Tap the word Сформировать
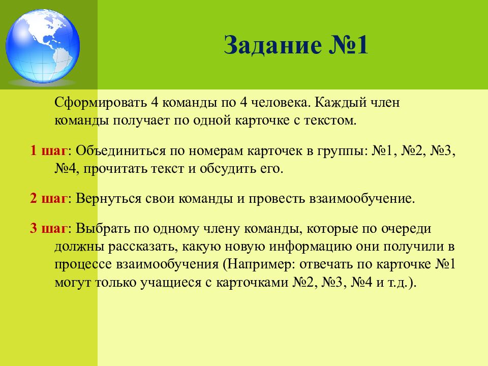pos(100,103)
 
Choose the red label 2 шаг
pos(48,198)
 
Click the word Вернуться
pos(107,198)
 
